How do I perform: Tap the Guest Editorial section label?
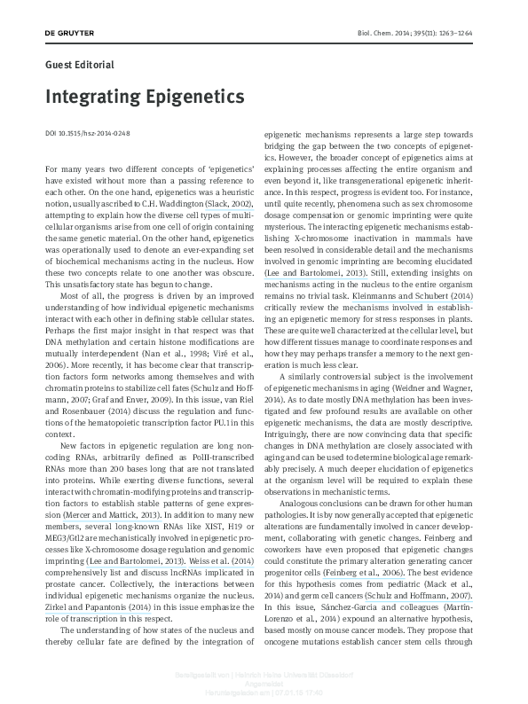click(79, 64)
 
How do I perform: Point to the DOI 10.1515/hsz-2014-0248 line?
click(87, 133)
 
